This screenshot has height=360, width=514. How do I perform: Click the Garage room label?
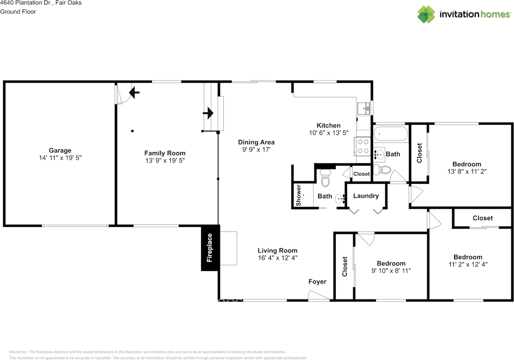[60, 151]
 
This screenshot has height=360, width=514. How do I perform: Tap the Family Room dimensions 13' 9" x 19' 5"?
[165, 160]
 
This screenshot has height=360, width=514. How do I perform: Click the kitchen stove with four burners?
[363, 146]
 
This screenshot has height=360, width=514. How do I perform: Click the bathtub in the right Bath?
[391, 133]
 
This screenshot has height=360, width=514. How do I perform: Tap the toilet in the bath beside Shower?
[325, 179]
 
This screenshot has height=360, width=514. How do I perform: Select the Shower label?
[298, 195]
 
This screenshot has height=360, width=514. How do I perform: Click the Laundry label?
[366, 196]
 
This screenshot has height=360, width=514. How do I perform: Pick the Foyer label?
[317, 281]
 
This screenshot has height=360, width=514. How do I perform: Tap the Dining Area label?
[256, 142]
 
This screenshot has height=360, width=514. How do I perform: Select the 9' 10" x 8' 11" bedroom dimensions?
[391, 271]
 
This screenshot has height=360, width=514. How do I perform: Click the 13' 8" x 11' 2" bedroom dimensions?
[467, 171]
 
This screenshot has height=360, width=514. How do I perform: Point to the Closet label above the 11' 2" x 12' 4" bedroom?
[482, 218]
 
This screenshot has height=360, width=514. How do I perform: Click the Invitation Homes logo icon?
[426, 14]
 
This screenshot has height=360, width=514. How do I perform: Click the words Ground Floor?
[18, 12]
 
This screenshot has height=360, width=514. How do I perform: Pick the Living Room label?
[277, 250]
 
